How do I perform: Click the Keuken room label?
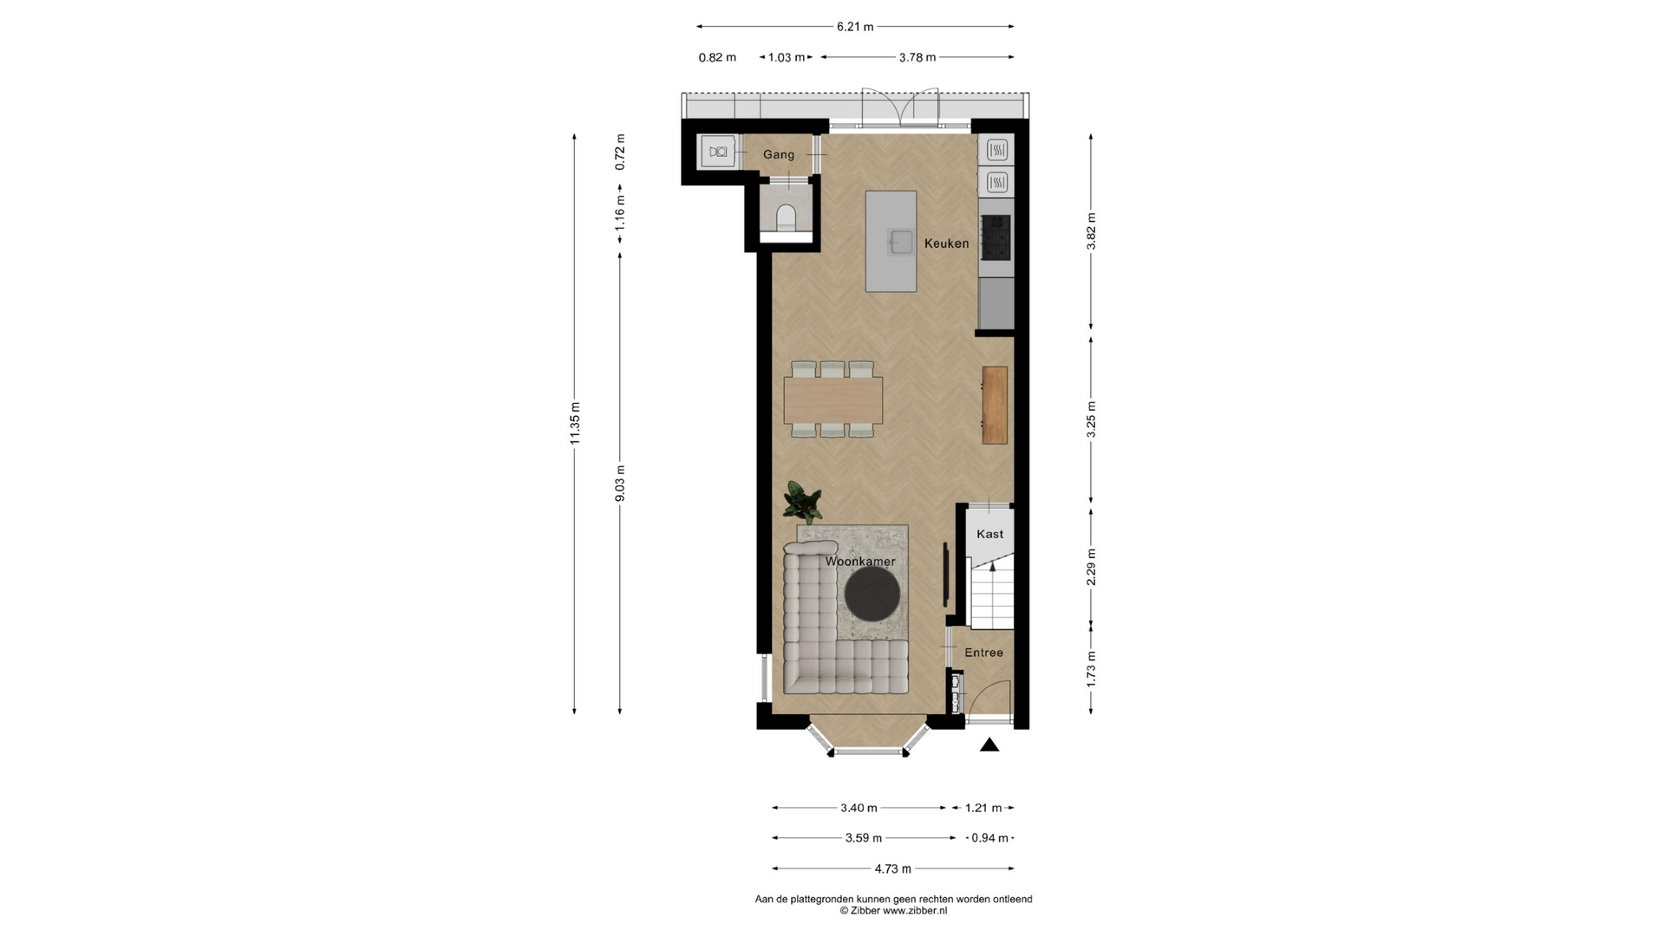tap(946, 244)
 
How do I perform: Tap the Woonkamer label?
tap(860, 562)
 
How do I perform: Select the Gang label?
tap(779, 154)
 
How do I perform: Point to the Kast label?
tap(989, 534)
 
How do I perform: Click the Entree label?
tap(984, 653)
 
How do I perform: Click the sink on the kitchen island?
tap(899, 241)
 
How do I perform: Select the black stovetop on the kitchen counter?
tap(996, 237)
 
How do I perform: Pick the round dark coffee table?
tap(872, 594)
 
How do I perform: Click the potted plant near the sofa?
tap(802, 503)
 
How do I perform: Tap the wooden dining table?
tap(833, 400)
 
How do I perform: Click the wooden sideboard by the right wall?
tap(995, 405)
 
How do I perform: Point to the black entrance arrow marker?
tap(989, 744)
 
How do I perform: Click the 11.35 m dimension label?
tap(575, 424)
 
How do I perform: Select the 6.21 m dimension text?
tap(855, 27)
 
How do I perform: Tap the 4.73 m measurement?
tap(892, 868)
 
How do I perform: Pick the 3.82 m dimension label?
tap(1091, 231)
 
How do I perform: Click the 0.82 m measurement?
tap(717, 57)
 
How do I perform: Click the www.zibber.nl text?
tap(915, 911)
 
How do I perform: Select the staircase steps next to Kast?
tap(992, 594)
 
